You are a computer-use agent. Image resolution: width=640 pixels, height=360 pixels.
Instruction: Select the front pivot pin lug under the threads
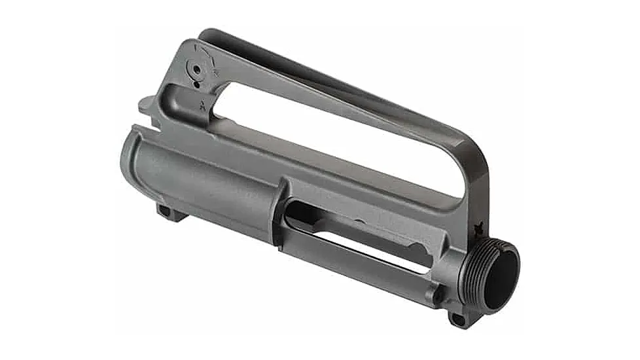(457, 319)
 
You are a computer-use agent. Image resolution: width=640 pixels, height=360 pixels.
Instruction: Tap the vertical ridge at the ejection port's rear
(282, 213)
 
